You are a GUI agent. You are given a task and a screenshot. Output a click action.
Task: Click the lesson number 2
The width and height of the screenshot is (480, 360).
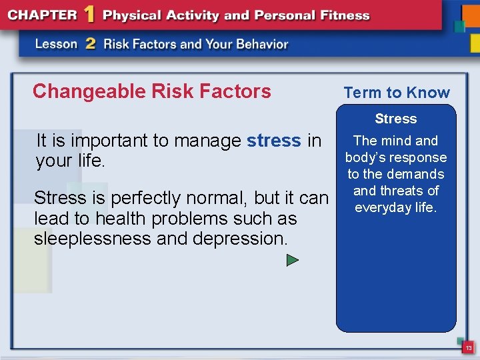[91, 44]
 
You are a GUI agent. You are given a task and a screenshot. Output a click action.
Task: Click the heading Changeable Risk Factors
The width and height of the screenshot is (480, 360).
[151, 91]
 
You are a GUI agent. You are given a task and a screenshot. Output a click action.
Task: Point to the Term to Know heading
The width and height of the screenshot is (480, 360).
[397, 93]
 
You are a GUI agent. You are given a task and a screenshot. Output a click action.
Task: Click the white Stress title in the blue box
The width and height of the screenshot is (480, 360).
[395, 119]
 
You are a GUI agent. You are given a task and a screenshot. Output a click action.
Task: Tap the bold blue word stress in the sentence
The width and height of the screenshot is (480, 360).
[273, 141]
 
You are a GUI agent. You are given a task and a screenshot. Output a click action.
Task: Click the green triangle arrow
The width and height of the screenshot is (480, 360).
[292, 260]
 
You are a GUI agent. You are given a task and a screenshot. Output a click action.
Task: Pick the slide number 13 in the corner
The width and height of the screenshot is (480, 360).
[469, 348]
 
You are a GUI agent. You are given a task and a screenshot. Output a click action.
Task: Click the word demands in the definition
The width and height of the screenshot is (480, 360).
[412, 174]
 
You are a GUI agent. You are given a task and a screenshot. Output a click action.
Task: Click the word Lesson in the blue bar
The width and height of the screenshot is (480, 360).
[57, 45]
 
